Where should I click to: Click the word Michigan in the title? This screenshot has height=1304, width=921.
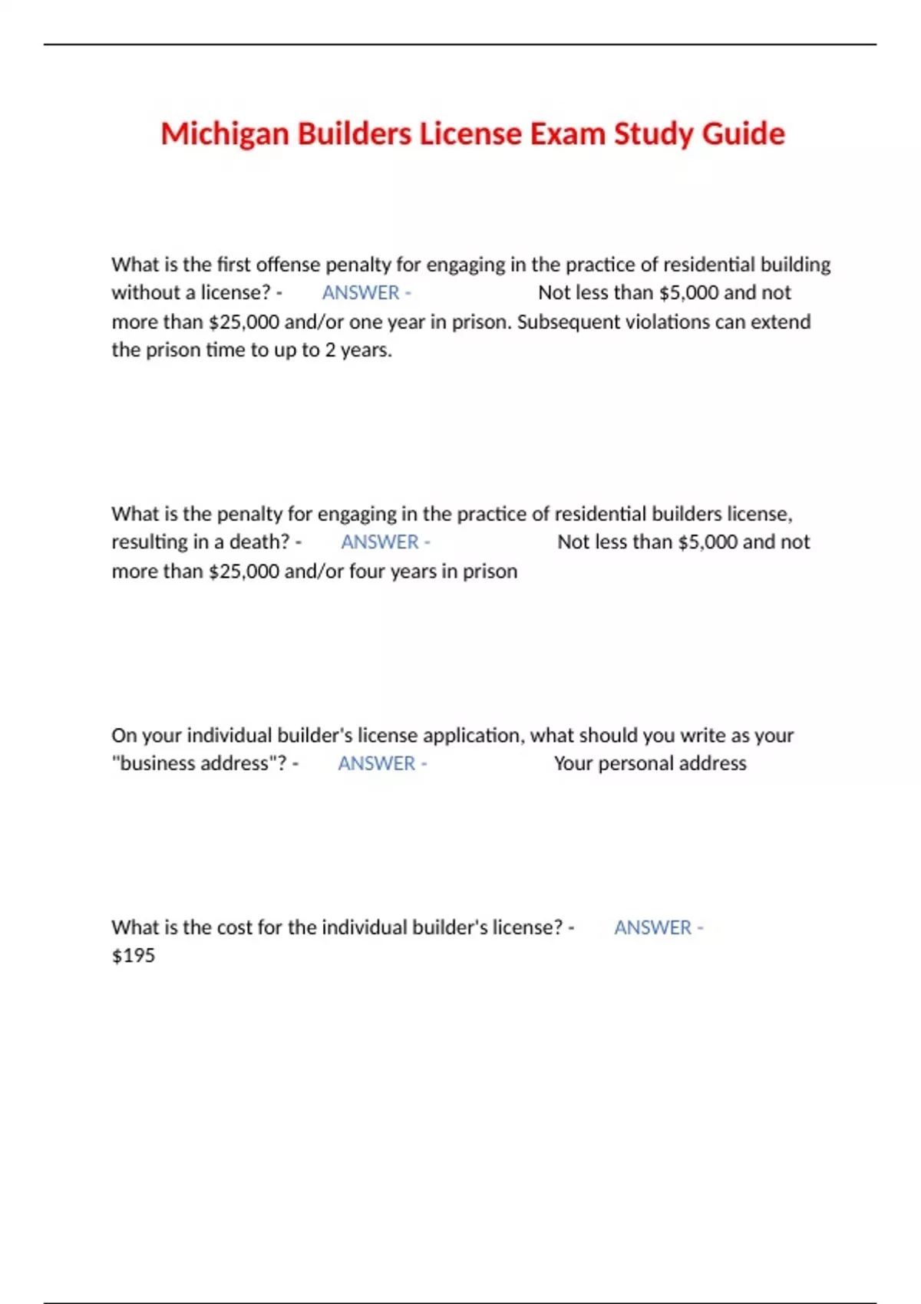225,134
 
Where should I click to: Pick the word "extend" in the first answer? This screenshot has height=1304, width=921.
780,321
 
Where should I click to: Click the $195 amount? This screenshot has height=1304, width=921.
134,956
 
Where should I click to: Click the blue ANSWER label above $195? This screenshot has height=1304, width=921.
653,927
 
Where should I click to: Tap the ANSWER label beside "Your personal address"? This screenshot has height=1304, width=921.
377,764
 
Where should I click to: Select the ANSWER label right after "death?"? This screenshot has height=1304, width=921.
380,542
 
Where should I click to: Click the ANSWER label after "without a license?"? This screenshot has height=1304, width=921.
361,293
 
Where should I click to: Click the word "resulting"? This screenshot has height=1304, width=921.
150,542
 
